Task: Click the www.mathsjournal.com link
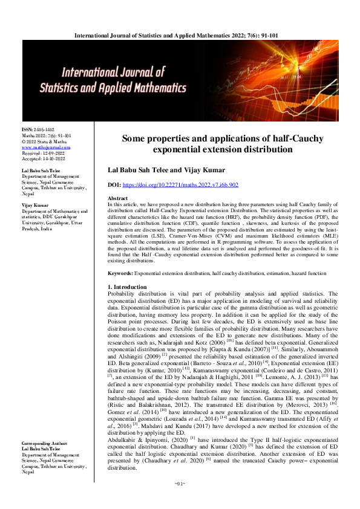[46, 147]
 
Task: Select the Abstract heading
[117, 198]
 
